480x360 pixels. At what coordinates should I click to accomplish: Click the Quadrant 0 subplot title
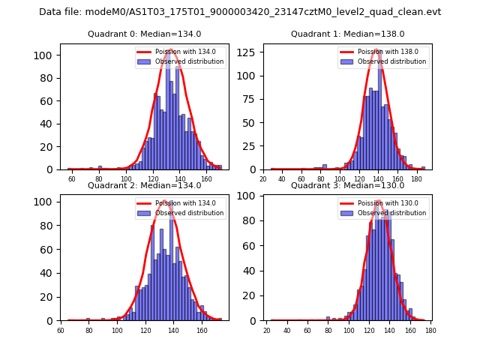point(144,34)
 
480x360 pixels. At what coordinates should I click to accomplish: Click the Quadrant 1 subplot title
point(347,34)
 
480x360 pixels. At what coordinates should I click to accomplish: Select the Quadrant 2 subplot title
point(144,186)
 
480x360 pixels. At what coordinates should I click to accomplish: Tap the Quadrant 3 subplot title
point(347,186)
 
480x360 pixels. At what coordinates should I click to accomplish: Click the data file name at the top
point(240,12)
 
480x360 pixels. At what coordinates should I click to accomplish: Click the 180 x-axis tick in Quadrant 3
point(430,331)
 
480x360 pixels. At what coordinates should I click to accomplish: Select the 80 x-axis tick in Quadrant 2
point(89,331)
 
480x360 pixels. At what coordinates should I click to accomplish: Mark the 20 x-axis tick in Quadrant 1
point(263,180)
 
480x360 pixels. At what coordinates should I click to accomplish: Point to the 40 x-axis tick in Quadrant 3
point(287,331)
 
